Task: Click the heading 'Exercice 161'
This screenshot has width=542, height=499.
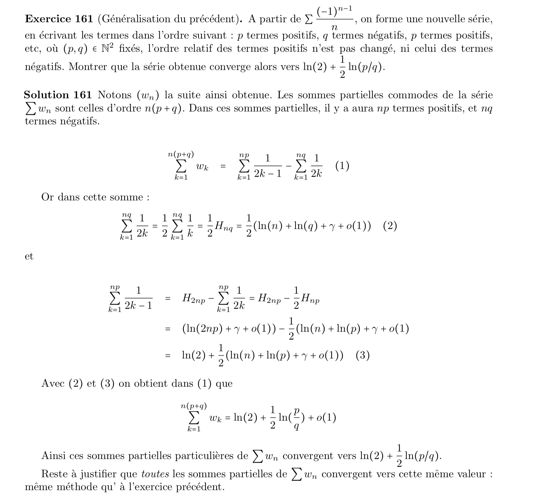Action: click(x=59, y=19)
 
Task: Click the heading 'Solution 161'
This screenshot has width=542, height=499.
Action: click(x=58, y=95)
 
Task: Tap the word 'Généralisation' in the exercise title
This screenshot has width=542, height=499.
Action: click(x=138, y=19)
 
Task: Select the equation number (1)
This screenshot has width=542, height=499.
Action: click(x=342, y=166)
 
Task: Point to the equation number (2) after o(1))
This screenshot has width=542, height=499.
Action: click(x=390, y=226)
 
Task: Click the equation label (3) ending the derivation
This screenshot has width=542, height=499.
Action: click(x=363, y=355)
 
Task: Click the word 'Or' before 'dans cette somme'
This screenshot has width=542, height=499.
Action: click(x=47, y=197)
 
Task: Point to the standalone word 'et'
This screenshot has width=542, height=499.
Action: click(x=29, y=256)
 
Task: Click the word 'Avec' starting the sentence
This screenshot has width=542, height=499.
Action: click(x=53, y=383)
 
